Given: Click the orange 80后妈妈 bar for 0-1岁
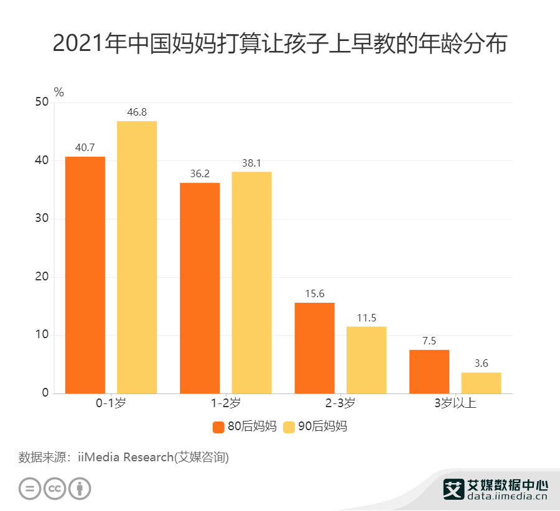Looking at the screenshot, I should point(85,275).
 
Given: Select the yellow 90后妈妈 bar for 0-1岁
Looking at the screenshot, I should point(137,257).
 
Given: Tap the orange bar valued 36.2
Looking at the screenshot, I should point(200,288).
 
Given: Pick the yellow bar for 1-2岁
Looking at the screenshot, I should point(251,282).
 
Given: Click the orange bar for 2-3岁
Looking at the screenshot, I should point(314,348).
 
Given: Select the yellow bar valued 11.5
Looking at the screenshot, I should point(366,360).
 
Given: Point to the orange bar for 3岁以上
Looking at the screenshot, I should point(429,372).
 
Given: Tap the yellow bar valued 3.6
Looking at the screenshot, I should point(481,383).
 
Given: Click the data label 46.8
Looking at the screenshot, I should point(137,113).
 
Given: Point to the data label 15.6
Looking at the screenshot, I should point(314,294).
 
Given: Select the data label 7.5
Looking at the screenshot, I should point(429,341).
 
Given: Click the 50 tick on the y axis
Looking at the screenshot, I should point(42,103).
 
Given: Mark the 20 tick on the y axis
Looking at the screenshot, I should point(42,277).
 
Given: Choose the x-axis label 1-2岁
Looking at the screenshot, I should point(226,403).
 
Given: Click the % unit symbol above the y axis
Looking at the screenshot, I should point(59,92).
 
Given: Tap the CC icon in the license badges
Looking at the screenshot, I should point(55,489).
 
